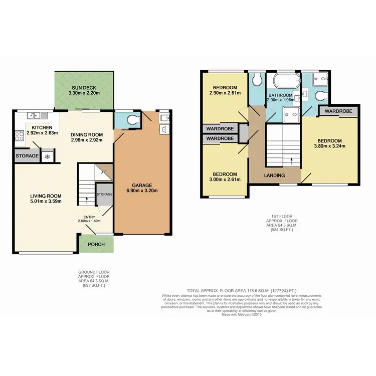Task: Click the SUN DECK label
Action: click(x=84, y=87)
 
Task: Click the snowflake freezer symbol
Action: click(x=47, y=156)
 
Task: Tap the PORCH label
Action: click(x=96, y=245)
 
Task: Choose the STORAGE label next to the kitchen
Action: click(x=27, y=156)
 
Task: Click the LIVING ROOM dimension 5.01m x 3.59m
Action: click(x=46, y=202)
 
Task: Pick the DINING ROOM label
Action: click(x=86, y=134)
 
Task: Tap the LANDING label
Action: click(x=274, y=175)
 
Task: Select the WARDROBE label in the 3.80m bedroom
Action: click(x=337, y=111)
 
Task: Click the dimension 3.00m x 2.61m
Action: click(x=223, y=180)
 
